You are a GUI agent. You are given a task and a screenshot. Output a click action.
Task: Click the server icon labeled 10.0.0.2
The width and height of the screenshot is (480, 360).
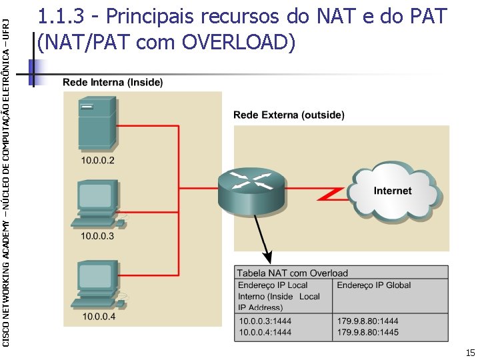pos(97,123)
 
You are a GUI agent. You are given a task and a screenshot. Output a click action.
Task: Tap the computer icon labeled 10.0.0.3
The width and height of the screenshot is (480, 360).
pos(97,203)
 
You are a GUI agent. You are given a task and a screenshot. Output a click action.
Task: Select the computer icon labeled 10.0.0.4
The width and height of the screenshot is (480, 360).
pos(98,283)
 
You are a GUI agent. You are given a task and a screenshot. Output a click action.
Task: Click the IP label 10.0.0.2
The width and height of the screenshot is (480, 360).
pos(98,161)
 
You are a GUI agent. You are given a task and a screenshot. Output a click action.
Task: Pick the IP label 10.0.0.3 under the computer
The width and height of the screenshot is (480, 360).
pos(97,236)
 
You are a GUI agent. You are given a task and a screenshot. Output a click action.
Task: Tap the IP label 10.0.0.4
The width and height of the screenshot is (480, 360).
pos(99,317)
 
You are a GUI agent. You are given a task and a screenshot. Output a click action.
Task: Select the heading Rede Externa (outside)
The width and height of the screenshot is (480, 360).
pos(289,115)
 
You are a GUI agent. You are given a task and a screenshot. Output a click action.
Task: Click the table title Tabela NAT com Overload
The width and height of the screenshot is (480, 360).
pos(293,273)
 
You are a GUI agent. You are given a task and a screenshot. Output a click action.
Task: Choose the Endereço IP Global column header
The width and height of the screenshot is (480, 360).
pos(374,285)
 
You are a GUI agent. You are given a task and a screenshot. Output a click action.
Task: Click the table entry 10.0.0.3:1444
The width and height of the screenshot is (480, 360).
pos(265,321)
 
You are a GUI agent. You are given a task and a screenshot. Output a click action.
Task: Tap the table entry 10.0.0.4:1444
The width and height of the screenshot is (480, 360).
pos(265,331)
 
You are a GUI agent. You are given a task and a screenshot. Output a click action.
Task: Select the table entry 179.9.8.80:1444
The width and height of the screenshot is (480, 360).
pos(368,321)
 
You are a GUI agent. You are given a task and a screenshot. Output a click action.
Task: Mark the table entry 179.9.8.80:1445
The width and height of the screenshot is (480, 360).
pos(368,331)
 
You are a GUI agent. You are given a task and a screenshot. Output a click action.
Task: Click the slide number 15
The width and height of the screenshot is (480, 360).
pos(470,353)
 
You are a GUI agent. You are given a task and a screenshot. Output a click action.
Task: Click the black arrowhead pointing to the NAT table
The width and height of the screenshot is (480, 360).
pos(268,258)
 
